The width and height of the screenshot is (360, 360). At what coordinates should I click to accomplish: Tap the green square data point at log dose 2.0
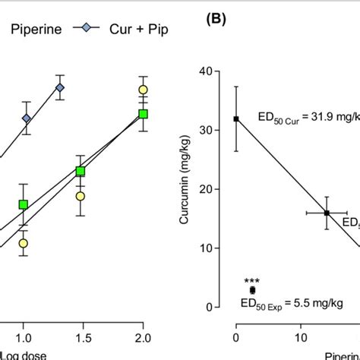tap(143, 114)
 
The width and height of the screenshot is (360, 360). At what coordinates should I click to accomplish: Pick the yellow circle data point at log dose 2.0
tap(143, 90)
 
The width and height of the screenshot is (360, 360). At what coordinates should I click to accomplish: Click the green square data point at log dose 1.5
tap(80, 172)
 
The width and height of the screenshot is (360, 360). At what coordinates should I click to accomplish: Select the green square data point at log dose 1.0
tap(24, 204)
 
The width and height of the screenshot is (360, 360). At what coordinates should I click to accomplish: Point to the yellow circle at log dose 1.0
tap(24, 243)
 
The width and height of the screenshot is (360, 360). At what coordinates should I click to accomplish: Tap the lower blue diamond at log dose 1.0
tap(27, 118)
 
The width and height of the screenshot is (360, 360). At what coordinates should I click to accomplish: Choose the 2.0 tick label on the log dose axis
tap(143, 336)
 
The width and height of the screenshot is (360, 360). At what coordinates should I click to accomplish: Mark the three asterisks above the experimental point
tap(252, 279)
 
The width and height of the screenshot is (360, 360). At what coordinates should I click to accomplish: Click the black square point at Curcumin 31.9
tap(236, 118)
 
